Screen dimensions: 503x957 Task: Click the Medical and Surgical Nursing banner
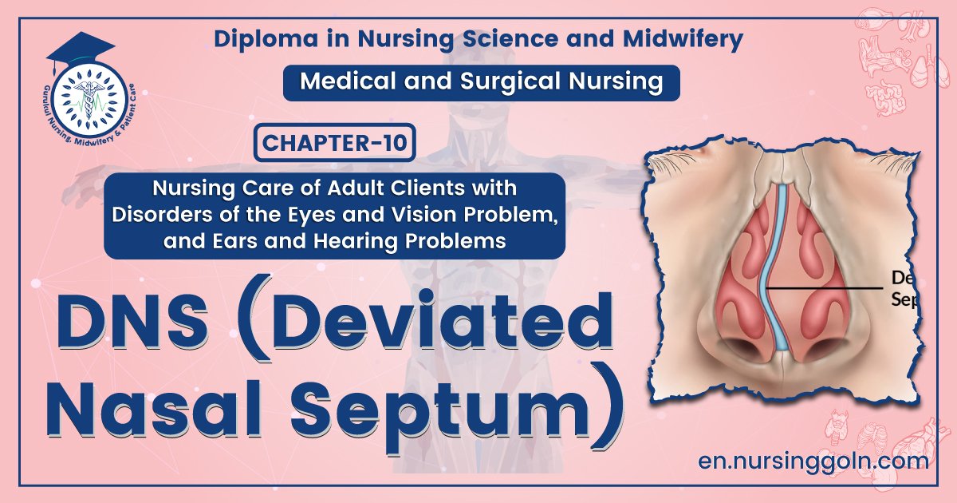[482, 82]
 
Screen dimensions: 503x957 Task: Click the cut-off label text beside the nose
[904, 288]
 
